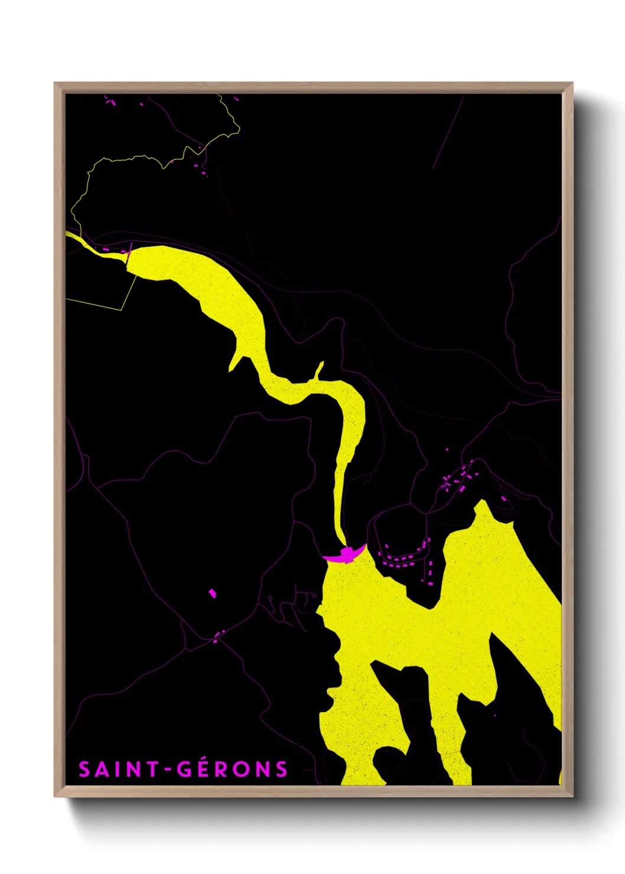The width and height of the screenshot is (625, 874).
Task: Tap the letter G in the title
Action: (185, 769)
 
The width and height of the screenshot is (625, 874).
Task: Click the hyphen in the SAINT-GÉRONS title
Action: (167, 770)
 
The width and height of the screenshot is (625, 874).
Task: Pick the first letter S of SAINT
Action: (85, 769)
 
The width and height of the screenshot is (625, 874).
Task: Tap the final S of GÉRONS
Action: (281, 769)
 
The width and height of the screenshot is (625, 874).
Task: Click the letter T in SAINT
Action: (152, 769)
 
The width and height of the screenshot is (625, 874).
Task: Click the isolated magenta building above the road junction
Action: (213, 593)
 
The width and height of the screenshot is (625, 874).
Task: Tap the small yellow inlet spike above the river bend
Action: (320, 370)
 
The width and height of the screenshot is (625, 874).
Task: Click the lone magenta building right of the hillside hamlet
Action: (504, 498)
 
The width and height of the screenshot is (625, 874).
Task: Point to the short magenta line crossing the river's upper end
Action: (128, 253)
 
